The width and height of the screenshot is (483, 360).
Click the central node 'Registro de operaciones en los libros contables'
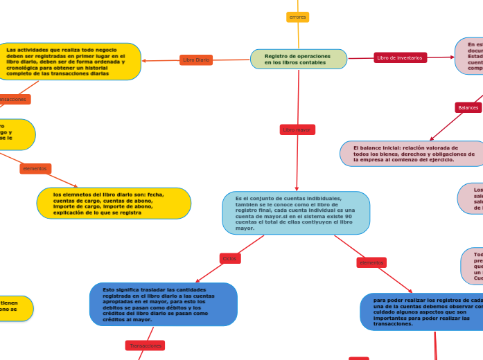pos(299,59)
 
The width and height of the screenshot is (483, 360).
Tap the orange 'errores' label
pos(298,17)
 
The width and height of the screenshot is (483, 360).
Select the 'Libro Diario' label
pos(196,60)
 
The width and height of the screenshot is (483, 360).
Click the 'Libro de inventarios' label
pos(400,57)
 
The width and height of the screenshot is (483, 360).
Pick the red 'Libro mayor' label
pos(298,129)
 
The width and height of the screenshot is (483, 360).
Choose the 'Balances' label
pos(468,107)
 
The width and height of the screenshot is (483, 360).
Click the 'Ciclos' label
pos(229,258)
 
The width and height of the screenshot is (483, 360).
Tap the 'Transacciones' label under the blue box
pos(146,345)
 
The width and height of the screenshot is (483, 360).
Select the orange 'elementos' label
pos(35,169)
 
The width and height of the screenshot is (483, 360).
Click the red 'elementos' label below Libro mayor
pos(371,262)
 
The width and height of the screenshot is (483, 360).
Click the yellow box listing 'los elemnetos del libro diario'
pos(113,203)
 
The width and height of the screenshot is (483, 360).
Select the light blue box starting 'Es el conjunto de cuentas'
pos(296,213)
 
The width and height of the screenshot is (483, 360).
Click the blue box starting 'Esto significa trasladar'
pos(164,304)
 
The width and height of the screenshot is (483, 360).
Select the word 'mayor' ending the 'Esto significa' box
pos(142,320)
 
